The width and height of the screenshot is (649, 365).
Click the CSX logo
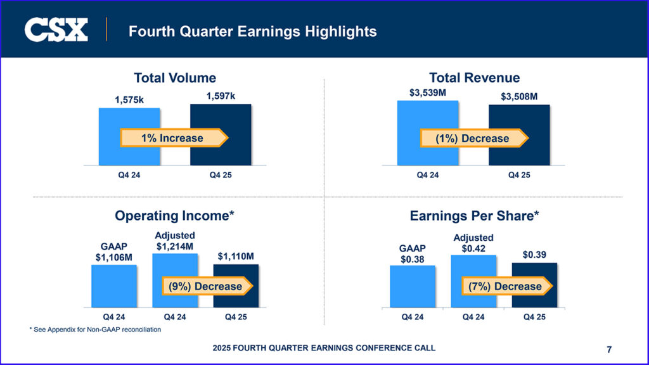point(56,30)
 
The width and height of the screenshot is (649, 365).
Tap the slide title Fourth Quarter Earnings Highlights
point(252,31)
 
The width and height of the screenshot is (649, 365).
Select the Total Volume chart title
point(175,78)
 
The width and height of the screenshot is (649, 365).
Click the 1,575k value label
point(130,99)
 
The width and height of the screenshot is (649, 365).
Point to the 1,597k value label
point(221,96)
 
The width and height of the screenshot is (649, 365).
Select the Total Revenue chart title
point(474,78)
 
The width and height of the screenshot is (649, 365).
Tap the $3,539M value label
point(428,92)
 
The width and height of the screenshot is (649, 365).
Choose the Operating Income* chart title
point(175,216)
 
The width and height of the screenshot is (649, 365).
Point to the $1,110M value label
point(236,257)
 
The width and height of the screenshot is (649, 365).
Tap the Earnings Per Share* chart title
point(474,216)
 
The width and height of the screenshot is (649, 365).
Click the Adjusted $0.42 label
point(473,243)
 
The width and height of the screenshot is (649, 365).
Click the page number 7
point(609,349)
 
